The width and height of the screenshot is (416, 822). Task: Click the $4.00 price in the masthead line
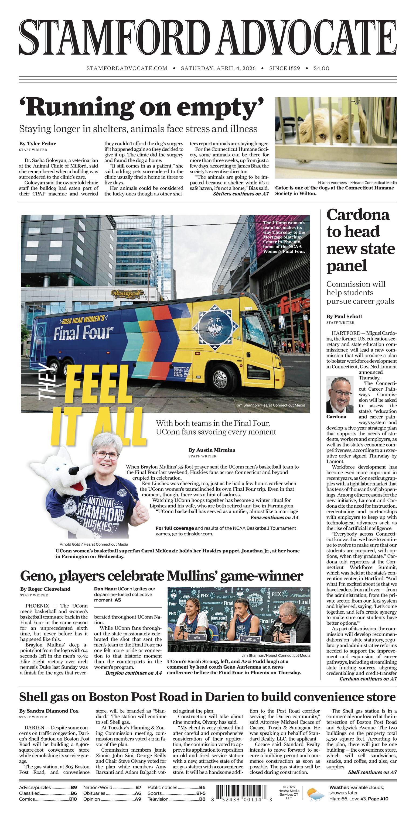tap(321, 68)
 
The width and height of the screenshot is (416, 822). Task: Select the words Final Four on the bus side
tap(83, 332)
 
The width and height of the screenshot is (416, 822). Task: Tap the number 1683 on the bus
tap(248, 308)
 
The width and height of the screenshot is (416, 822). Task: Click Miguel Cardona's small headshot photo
tap(340, 394)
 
